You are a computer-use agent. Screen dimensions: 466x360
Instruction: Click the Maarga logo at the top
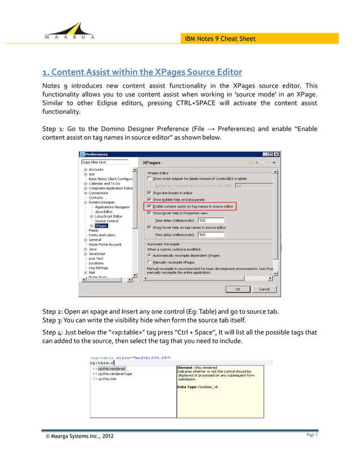[68, 30]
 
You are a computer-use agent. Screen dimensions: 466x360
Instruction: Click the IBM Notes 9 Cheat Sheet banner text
[221, 38]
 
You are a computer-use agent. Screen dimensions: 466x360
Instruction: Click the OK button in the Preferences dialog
[238, 288]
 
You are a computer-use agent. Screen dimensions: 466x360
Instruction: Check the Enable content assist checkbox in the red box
[149, 206]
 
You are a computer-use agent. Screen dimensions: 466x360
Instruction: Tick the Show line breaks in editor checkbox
[149, 192]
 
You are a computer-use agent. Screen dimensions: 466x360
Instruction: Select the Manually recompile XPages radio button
[149, 262]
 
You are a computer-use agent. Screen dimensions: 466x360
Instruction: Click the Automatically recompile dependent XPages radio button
[149, 255]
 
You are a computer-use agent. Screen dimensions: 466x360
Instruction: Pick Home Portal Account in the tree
[104, 244]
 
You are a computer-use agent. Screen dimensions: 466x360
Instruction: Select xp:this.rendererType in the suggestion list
[115, 373]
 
